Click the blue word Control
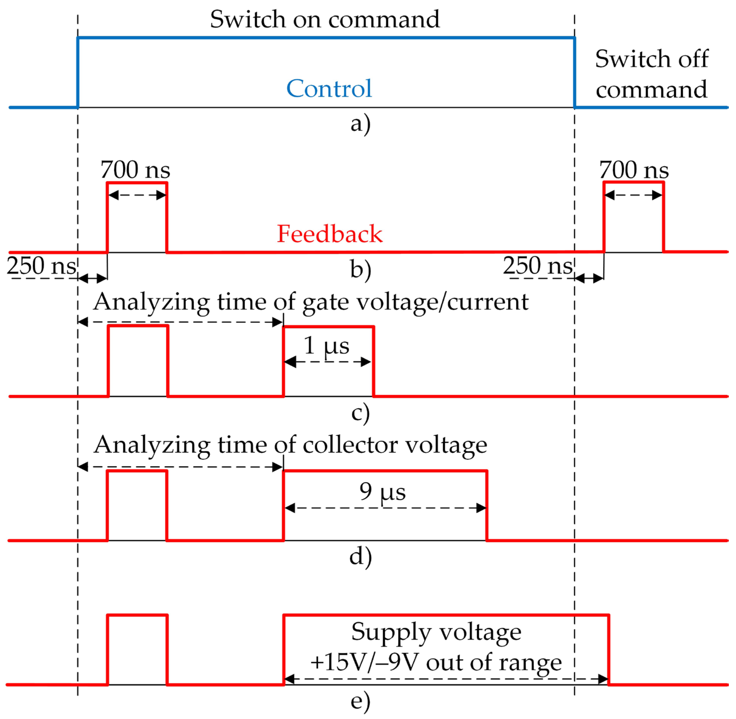tap(329, 89)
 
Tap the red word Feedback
tap(330, 234)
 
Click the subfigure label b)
tap(360, 269)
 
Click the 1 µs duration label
tap(327, 345)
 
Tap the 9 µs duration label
tap(382, 491)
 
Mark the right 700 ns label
tap(634, 170)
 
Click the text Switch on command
tap(325, 19)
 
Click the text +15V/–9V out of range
tap(436, 662)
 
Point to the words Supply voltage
tap(436, 632)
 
